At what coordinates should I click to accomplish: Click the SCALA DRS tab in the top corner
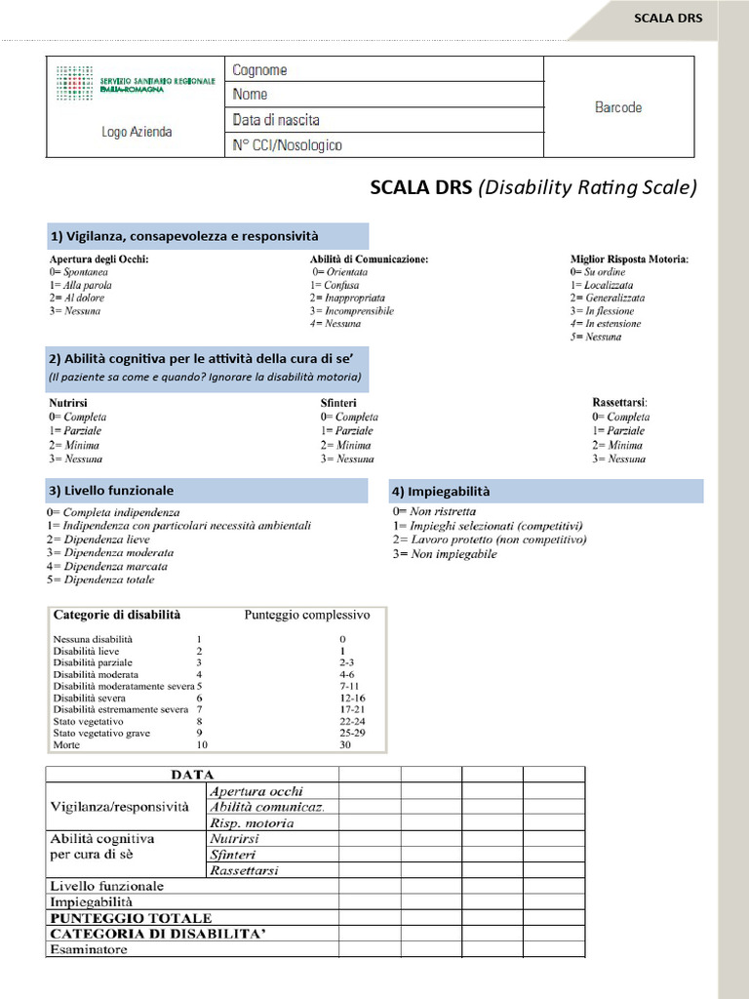(x=667, y=18)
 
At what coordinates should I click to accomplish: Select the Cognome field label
(x=259, y=70)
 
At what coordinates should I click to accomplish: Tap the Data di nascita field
(x=276, y=120)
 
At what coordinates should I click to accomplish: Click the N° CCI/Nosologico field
(x=287, y=145)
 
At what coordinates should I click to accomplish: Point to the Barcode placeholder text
(x=618, y=107)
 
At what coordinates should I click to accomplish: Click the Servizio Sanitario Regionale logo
(x=137, y=84)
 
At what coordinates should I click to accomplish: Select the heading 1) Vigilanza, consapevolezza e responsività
(x=184, y=236)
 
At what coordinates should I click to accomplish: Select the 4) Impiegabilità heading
(x=441, y=491)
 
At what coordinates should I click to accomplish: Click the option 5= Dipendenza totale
(x=100, y=579)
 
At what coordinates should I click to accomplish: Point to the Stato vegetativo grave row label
(x=101, y=733)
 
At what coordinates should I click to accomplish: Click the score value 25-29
(x=352, y=733)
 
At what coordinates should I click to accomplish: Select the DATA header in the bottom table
(x=192, y=775)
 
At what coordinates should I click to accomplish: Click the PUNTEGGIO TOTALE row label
(x=131, y=918)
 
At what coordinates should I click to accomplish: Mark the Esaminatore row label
(x=89, y=949)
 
